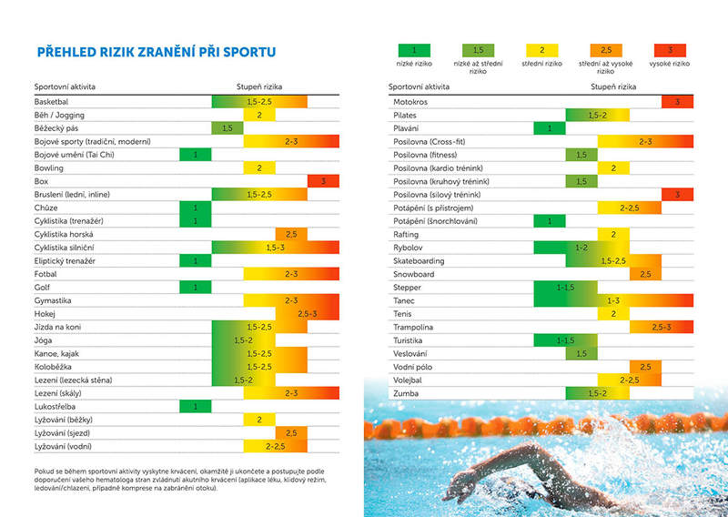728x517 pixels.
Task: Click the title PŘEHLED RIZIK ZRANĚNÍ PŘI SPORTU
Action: (156, 53)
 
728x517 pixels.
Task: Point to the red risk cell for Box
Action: (323, 181)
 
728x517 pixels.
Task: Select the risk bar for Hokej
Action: (307, 313)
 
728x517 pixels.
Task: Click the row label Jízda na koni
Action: (56, 327)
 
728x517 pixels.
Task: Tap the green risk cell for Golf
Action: (196, 287)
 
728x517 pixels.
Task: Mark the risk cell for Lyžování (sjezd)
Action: (291, 432)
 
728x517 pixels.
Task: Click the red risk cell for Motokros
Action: (677, 102)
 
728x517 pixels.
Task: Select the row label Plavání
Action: (406, 128)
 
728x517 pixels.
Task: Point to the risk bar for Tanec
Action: (613, 300)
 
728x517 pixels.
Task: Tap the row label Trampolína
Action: (413, 327)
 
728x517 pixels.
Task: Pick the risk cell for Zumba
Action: (597, 393)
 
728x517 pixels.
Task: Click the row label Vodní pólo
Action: (412, 367)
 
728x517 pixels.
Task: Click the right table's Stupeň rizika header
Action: (616, 87)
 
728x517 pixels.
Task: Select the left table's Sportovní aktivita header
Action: (65, 87)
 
